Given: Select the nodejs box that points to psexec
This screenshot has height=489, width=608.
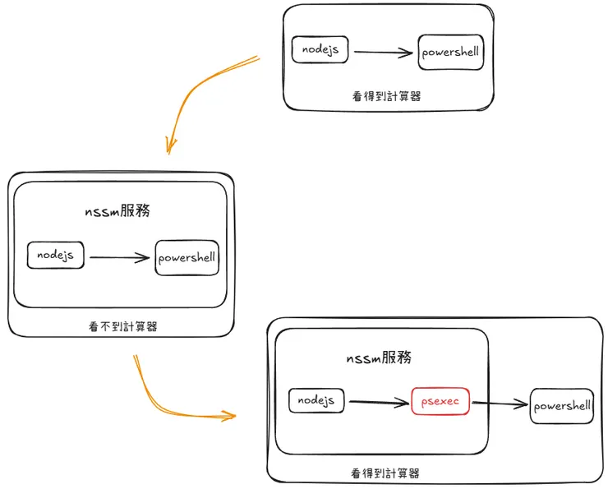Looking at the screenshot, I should click(x=316, y=400).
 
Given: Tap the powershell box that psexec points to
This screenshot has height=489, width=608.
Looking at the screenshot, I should click(x=562, y=406).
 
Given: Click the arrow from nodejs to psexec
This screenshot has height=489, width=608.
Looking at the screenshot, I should click(x=380, y=402).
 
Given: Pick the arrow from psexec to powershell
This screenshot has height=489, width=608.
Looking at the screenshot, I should click(x=500, y=404).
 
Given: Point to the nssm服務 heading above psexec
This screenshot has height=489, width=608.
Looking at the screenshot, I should click(x=378, y=358).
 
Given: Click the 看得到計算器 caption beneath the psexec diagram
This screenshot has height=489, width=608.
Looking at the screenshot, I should click(x=385, y=473).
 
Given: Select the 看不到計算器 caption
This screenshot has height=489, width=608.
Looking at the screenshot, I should click(x=122, y=326).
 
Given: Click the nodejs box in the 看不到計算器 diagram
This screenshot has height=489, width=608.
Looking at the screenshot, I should click(x=56, y=256).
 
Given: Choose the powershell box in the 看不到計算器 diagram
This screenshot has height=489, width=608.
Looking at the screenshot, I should click(x=187, y=257).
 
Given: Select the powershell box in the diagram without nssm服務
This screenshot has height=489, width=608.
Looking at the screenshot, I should click(x=449, y=53).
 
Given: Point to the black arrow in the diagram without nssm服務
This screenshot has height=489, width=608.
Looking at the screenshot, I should click(x=383, y=53).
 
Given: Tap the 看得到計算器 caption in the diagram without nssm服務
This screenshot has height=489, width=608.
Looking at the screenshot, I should click(x=386, y=96).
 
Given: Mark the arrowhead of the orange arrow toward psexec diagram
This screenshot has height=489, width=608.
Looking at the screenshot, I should click(x=228, y=415).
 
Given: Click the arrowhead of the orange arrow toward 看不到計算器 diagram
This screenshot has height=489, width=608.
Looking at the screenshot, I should click(x=170, y=146).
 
